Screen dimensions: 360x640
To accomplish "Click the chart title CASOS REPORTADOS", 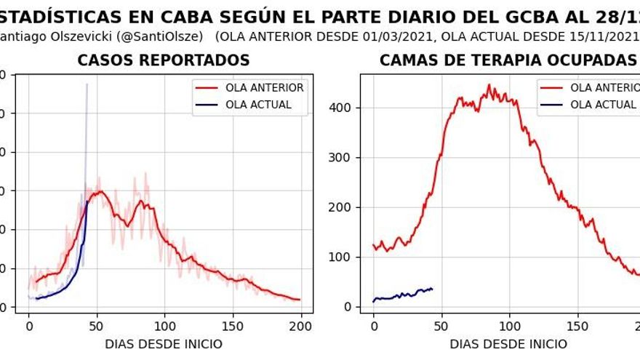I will tap(164, 61).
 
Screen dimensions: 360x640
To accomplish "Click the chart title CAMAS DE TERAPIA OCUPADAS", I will tap(508, 61).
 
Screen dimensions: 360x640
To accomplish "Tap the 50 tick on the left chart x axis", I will tap(97, 327).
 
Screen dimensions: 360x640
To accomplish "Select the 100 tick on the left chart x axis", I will tap(164, 327).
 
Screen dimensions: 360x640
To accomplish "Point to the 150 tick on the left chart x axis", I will tap(233, 327).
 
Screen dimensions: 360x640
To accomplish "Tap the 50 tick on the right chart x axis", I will tap(441, 327).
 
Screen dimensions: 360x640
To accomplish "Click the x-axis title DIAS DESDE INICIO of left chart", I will tap(164, 344).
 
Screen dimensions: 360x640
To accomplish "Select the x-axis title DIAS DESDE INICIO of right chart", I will tap(508, 344).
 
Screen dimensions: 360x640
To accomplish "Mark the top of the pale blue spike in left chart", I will tap(87, 84).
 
